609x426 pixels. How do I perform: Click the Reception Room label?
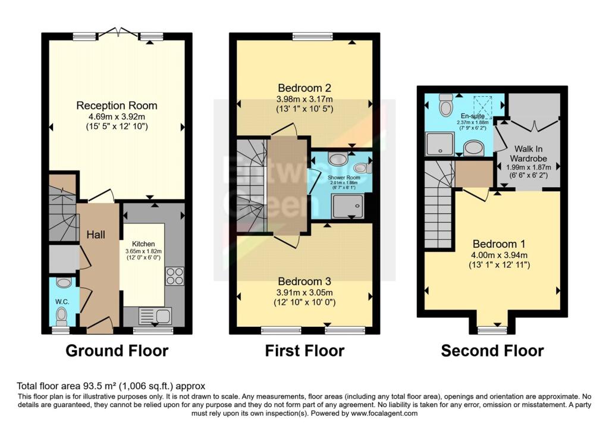coord(117,106)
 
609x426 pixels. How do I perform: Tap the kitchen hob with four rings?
coord(175,276)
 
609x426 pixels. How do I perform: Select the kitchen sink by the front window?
coord(155,316)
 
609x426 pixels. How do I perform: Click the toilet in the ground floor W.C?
coord(61,316)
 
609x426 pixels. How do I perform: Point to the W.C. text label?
coord(62,301)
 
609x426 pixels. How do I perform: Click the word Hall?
coord(96,234)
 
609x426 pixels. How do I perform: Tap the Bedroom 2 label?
coord(304,88)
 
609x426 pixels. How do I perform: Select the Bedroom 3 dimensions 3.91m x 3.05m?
coord(304,292)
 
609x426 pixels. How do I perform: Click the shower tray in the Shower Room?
coord(348,206)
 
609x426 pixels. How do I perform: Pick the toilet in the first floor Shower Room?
coord(363,168)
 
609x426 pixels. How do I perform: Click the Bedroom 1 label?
coord(499,244)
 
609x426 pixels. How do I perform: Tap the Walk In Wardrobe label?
coord(528,154)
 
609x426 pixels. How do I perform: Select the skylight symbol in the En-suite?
coord(482,108)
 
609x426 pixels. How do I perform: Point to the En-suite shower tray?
coord(440,144)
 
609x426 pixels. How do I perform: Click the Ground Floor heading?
coord(117,351)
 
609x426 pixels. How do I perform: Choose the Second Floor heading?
coord(492,351)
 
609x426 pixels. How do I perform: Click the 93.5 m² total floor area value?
coord(100,386)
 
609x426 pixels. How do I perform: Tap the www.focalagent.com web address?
coord(384,413)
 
